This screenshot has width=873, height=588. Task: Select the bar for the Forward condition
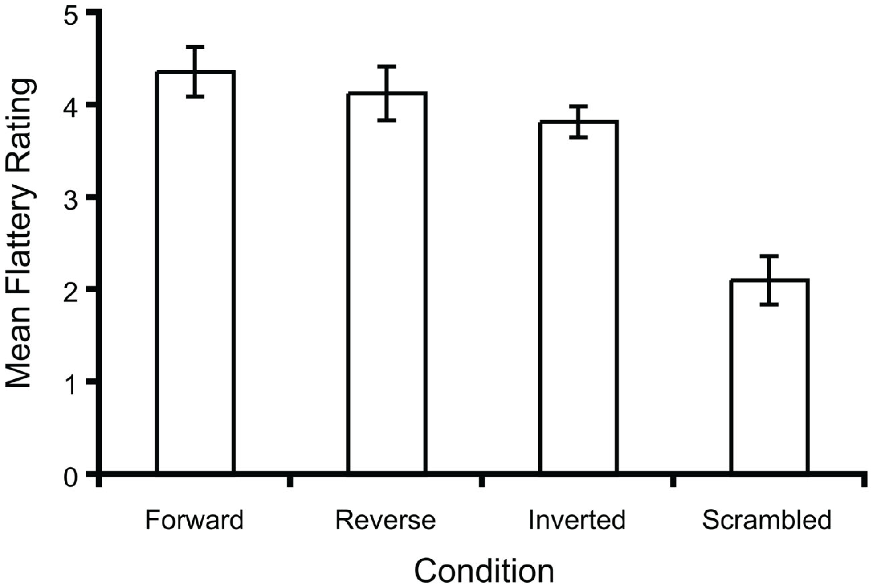195,272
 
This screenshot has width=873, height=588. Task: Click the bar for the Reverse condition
387,283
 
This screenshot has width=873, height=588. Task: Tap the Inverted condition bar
578,296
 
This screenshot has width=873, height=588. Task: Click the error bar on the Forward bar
195,71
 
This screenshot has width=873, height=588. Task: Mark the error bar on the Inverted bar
578,122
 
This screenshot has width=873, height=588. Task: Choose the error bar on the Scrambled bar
769,280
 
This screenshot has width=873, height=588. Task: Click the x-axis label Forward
194,520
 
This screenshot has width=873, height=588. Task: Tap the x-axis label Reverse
385,520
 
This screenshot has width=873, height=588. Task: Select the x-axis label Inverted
577,520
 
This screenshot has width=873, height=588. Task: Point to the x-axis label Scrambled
767,520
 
